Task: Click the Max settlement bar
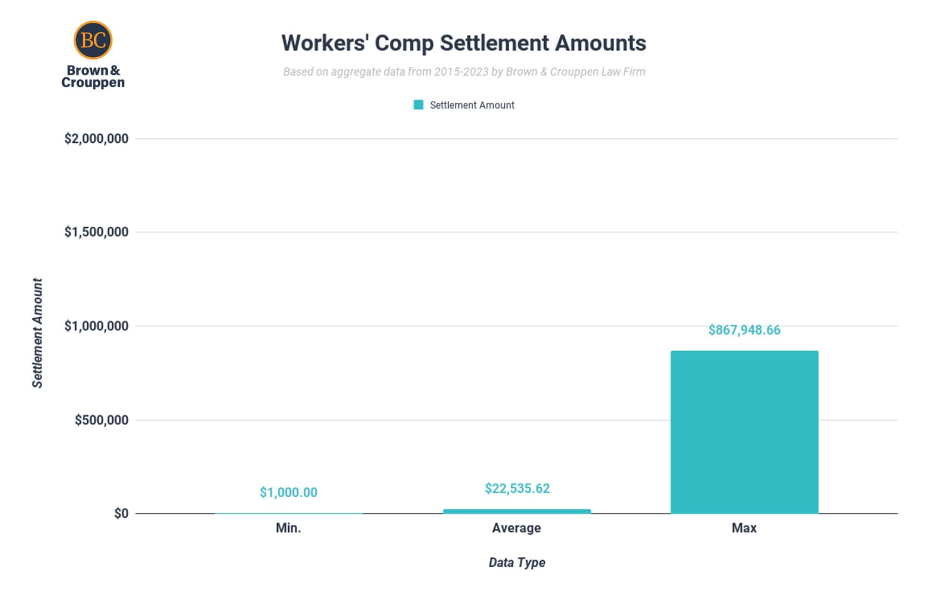pyautogui.click(x=744, y=432)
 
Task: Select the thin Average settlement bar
pyautogui.click(x=516, y=511)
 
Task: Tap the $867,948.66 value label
pyautogui.click(x=744, y=330)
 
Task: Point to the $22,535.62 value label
pyautogui.click(x=517, y=488)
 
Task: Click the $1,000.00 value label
pyautogui.click(x=288, y=492)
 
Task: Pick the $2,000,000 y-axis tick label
pyautogui.click(x=96, y=138)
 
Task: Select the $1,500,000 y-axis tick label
pyautogui.click(x=96, y=232)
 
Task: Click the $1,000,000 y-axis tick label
pyautogui.click(x=96, y=326)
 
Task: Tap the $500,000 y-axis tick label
pyautogui.click(x=101, y=420)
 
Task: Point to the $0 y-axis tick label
pyautogui.click(x=121, y=513)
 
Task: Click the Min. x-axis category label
pyautogui.click(x=288, y=528)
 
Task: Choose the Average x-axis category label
pyautogui.click(x=516, y=528)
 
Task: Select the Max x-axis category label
pyautogui.click(x=744, y=528)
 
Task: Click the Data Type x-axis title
pyautogui.click(x=516, y=563)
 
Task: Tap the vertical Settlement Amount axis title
pyautogui.click(x=37, y=333)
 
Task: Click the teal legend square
pyautogui.click(x=418, y=105)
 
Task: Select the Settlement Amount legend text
pyautogui.click(x=472, y=105)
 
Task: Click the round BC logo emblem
pyautogui.click(x=93, y=40)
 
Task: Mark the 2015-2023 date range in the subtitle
pyautogui.click(x=461, y=72)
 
